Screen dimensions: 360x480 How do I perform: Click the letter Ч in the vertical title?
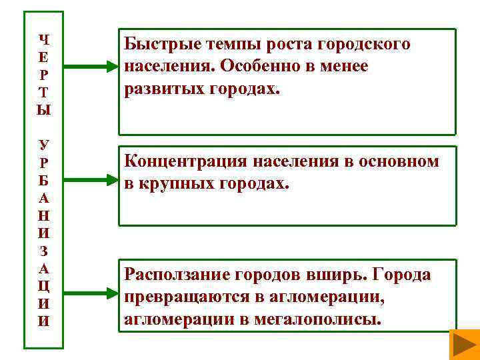pyautogui.click(x=44, y=39)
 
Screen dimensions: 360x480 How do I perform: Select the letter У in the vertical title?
pyautogui.click(x=44, y=144)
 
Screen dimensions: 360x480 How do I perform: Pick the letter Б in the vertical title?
pyautogui.click(x=44, y=180)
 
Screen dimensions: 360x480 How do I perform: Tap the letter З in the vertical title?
pyautogui.click(x=44, y=251)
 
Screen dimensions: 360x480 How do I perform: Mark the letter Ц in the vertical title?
pyautogui.click(x=44, y=287)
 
